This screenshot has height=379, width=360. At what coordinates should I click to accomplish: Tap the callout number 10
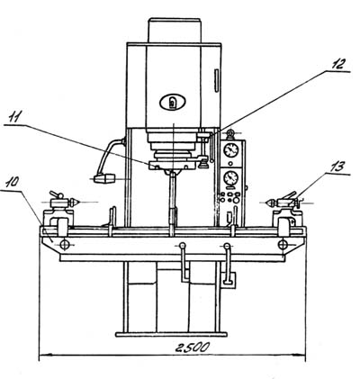coord(12,182)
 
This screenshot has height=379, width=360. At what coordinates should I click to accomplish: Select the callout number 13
coord(337,167)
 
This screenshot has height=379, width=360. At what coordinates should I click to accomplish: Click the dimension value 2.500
coord(192,347)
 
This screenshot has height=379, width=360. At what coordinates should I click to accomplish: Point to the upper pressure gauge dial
coord(231,149)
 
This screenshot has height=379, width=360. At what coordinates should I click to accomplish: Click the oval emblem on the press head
coord(173,103)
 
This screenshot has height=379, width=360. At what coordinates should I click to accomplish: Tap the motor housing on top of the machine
coord(175,31)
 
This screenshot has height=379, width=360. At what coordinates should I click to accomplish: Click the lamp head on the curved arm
coord(104,178)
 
